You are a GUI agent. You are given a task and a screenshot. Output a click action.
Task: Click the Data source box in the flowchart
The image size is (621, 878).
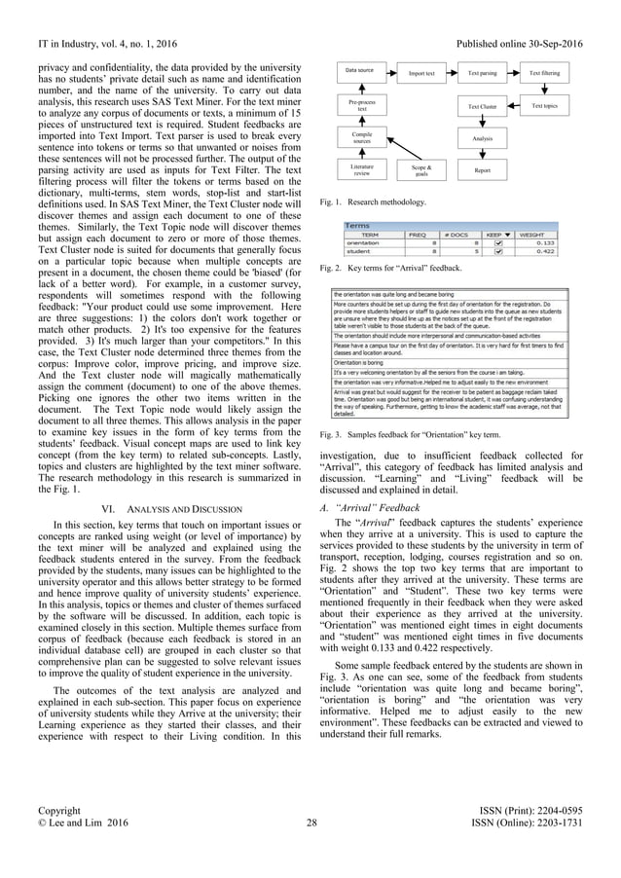pos(360,71)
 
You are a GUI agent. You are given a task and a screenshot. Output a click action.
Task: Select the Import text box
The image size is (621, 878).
pos(421,73)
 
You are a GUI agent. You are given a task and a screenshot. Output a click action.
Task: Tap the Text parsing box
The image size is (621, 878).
pos(482,73)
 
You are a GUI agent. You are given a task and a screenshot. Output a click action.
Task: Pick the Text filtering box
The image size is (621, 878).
pos(544,73)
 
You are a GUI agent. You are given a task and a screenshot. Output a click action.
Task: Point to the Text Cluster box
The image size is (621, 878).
pos(482,106)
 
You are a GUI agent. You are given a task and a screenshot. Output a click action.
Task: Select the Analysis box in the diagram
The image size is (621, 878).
pos(482,138)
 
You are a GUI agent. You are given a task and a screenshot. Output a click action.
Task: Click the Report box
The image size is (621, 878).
pos(482,170)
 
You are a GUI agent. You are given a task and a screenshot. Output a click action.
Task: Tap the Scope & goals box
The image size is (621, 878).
pos(421,170)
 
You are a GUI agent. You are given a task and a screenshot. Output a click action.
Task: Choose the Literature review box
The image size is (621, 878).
pos(360,170)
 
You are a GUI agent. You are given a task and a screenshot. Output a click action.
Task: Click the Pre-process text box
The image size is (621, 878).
pos(360,105)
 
